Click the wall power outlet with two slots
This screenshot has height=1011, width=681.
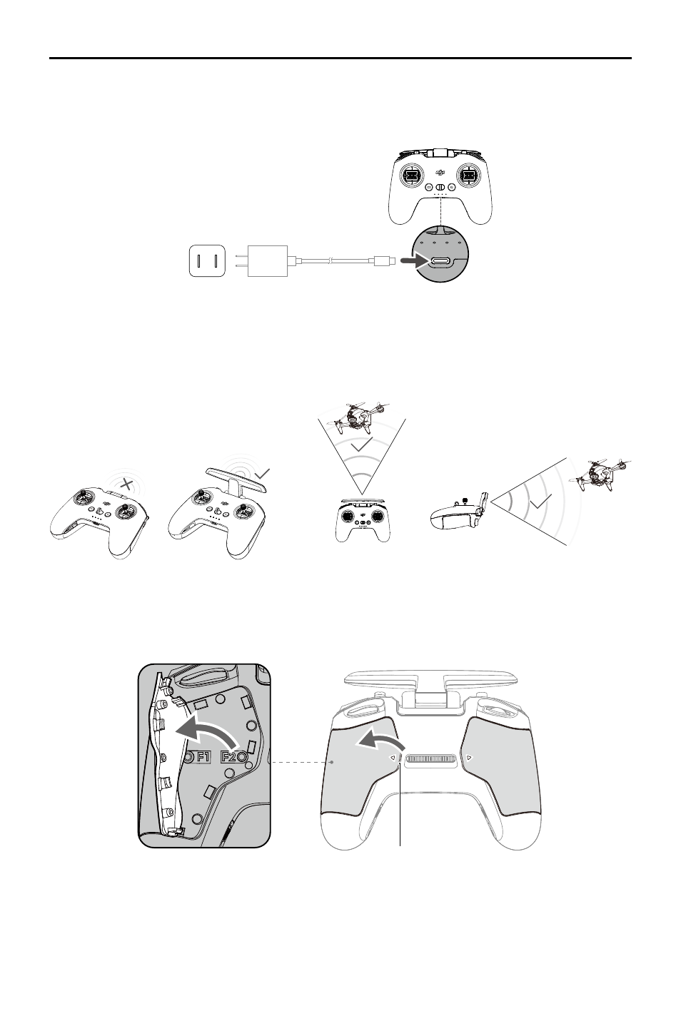point(207,260)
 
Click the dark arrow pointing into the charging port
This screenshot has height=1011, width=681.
point(414,260)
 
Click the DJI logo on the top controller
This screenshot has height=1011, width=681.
point(440,172)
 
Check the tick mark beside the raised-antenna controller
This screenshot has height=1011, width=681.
point(263,474)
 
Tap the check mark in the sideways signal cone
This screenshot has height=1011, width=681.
point(540,501)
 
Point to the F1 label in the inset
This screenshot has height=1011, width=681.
point(203,756)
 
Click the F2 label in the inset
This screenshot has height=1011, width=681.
point(228,756)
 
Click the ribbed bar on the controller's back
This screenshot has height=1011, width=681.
point(430,759)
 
